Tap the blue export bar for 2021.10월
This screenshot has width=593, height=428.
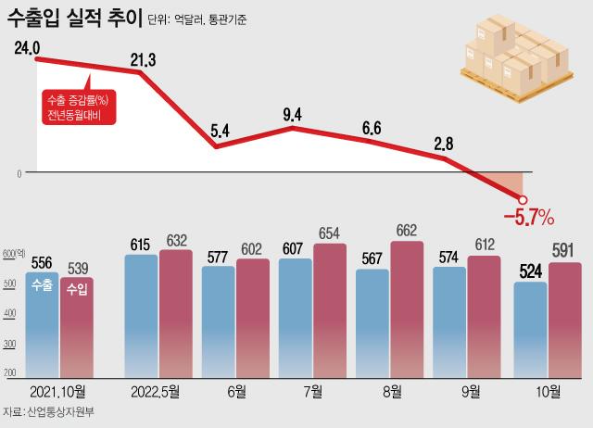coord(42,324)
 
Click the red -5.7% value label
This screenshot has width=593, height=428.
coord(527,219)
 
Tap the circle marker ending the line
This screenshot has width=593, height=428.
coord(523,198)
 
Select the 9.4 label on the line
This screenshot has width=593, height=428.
coord(293,115)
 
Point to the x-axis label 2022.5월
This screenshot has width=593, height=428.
coord(156,392)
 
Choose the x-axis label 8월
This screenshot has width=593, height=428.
coord(392,392)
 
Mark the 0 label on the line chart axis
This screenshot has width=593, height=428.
coord(18,172)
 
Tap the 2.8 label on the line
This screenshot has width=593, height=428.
coord(444,143)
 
